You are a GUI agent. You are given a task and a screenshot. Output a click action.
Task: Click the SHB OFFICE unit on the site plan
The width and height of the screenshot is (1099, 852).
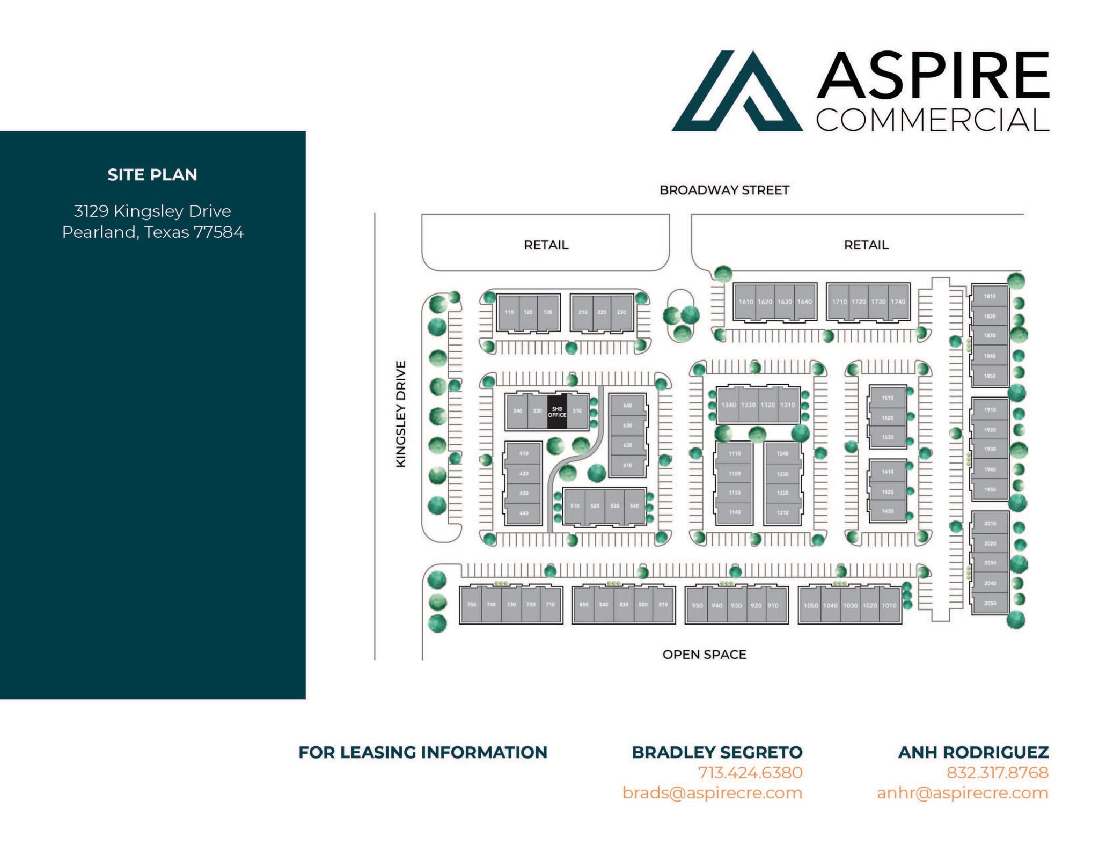pos(556,412)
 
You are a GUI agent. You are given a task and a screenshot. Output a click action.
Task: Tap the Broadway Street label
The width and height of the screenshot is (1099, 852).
pos(724,190)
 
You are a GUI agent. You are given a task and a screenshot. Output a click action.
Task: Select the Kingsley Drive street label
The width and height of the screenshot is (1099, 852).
pos(400,414)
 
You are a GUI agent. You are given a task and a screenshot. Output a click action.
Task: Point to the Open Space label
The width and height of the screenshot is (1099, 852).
pos(704,654)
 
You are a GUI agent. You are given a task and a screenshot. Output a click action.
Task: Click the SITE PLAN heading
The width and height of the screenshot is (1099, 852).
pos(152,174)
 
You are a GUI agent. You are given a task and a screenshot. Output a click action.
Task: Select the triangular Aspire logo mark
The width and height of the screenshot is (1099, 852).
pos(737,91)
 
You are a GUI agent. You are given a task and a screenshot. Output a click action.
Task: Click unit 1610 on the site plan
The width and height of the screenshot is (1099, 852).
pos(745,302)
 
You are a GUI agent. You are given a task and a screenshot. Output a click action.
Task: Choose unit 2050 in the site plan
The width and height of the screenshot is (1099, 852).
pos(990,603)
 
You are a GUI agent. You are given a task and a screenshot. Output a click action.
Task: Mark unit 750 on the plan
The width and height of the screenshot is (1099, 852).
pos(471,605)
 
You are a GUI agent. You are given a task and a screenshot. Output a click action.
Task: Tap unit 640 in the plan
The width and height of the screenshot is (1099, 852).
pos(627,406)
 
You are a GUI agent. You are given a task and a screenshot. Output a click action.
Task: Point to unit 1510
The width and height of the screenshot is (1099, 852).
pos(888,398)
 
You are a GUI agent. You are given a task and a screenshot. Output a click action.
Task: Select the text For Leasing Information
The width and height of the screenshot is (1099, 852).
pos(423,752)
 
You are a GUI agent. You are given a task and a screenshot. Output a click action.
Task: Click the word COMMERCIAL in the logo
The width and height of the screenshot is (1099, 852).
pos(933,120)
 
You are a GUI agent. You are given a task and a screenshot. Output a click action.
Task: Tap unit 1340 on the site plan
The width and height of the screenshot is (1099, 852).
pos(728,405)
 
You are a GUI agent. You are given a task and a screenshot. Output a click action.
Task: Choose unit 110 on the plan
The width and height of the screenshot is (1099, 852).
pos(509,312)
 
